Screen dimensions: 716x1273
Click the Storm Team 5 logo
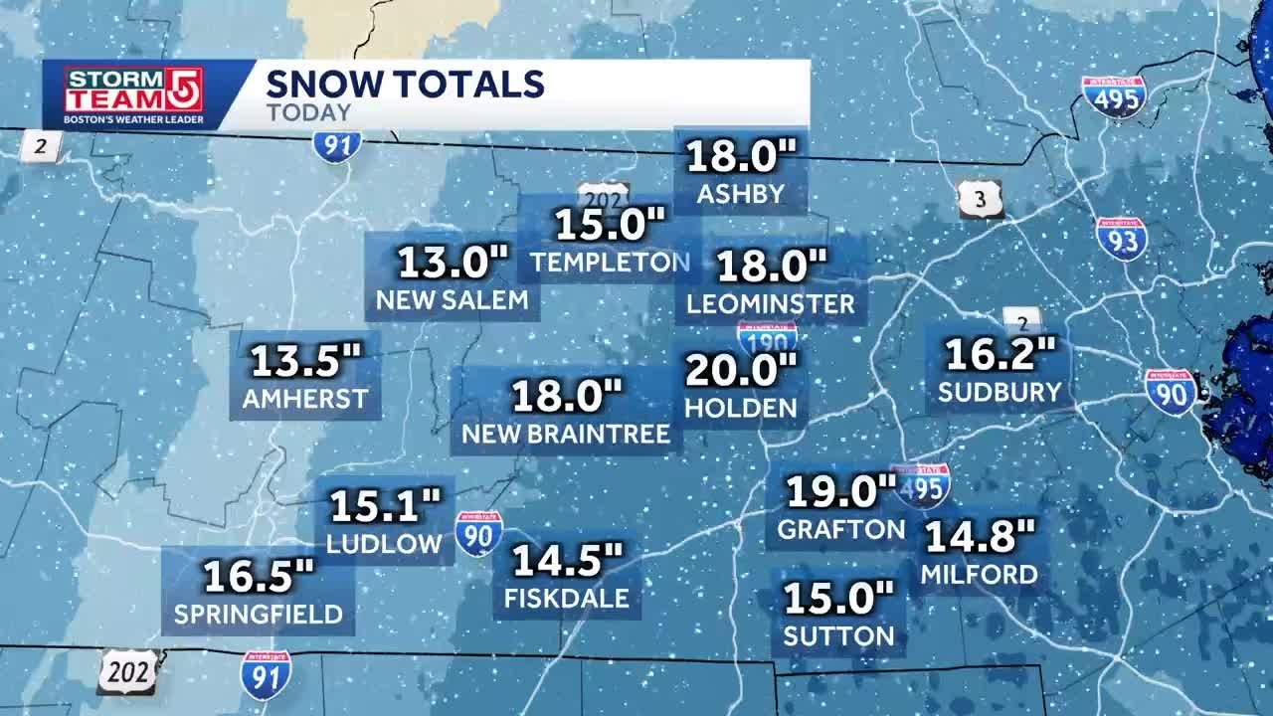(134, 94)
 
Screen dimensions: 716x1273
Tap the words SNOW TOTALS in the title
(405, 84)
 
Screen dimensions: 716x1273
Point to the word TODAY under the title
(308, 112)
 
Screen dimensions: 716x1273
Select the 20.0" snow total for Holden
(742, 371)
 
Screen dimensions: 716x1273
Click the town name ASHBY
(741, 194)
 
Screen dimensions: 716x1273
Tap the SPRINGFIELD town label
(259, 615)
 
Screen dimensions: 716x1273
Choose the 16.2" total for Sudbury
(1000, 353)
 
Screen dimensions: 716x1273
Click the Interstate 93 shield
(1122, 239)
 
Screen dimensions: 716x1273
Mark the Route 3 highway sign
(981, 200)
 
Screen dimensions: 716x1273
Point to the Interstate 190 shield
(767, 336)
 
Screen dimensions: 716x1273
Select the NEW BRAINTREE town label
(566, 435)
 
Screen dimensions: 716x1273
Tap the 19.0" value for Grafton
(841, 490)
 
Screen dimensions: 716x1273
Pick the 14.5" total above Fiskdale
(567, 560)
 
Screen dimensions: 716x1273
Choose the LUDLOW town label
(384, 543)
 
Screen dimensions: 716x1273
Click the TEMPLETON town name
(610, 263)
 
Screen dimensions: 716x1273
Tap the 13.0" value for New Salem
(454, 263)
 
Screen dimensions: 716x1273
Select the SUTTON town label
(838, 635)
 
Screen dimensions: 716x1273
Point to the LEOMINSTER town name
(771, 304)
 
